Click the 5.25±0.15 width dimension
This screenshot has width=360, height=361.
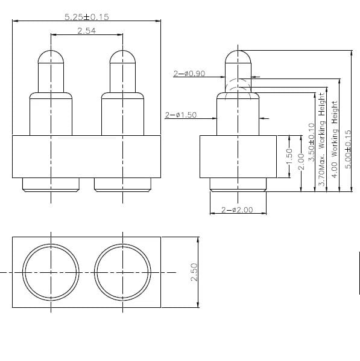click(87, 17)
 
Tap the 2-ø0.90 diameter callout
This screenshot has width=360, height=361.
click(189, 74)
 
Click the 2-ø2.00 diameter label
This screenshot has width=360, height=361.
click(237, 210)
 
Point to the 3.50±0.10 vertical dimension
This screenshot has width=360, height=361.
click(311, 141)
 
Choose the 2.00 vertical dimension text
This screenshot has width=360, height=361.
click(301, 162)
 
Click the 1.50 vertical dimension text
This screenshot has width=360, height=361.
click(289, 158)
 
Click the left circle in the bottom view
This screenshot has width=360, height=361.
click(51, 272)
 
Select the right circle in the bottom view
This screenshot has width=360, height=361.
click(122, 272)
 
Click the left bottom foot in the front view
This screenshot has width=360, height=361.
click(51, 185)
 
